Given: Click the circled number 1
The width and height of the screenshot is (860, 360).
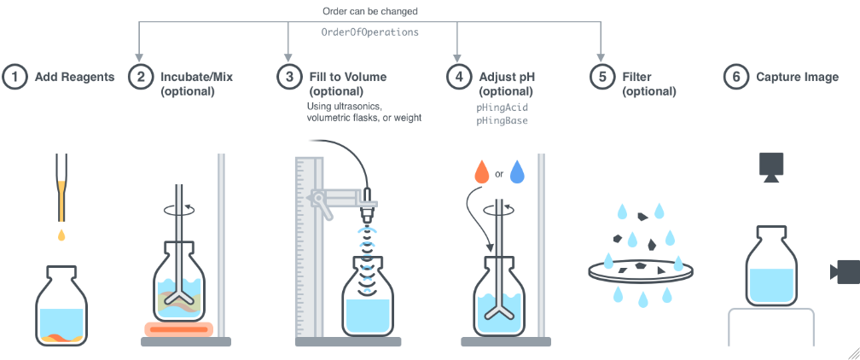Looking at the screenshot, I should [x=14, y=77].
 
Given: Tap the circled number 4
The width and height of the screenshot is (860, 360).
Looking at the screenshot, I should [x=459, y=77].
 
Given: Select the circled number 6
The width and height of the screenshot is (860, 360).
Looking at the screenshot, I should [x=735, y=77].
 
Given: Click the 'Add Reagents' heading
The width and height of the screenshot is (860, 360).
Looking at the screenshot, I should [x=74, y=77].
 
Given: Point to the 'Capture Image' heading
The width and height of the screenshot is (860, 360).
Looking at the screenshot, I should [x=797, y=77].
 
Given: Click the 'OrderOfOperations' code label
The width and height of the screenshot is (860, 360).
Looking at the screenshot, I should [x=369, y=32].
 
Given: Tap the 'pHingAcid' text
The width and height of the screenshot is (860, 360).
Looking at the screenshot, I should [x=502, y=108].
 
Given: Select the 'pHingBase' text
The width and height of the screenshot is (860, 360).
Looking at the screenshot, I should [x=502, y=121].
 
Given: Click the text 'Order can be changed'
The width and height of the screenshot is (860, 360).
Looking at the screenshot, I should [x=370, y=11].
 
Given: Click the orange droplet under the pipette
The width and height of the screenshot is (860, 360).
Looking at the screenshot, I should [x=61, y=233].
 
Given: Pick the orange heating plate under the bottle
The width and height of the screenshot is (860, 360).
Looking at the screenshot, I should [x=180, y=328].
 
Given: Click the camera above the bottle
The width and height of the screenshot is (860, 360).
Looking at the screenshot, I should [x=771, y=167].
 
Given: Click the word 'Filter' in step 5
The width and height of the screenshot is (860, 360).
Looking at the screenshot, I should [x=637, y=77].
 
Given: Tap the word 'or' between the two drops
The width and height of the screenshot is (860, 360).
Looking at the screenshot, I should [x=500, y=174].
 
